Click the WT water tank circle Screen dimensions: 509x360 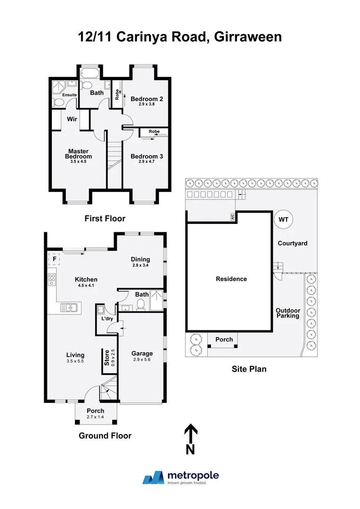284,220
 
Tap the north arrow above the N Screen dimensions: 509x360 190,433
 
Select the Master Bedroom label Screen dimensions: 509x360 78,154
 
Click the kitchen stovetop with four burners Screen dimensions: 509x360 51,280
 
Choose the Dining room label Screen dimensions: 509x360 140,259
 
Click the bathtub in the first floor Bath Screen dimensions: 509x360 88,74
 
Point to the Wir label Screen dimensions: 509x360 72,119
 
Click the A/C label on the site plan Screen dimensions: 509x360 232,217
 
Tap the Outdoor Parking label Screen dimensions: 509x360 287,313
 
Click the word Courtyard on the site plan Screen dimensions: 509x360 292,243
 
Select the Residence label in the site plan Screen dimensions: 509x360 231,279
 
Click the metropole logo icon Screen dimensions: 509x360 153,478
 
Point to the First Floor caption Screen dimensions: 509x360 105,218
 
